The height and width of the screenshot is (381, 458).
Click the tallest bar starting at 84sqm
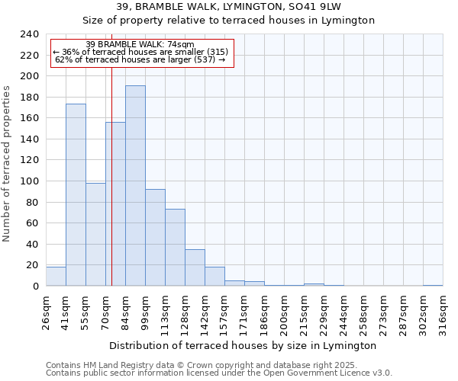pos(135,186)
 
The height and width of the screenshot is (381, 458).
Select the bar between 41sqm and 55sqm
pos(76,195)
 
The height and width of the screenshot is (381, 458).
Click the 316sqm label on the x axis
pos(443,312)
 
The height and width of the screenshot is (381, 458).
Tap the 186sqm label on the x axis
pos(264,312)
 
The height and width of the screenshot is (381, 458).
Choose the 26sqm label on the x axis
pos(46,312)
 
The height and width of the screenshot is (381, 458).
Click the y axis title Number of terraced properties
pos(8,163)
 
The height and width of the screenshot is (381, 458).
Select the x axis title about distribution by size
pos(244,345)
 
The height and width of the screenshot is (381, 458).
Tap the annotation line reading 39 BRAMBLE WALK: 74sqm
pos(140,44)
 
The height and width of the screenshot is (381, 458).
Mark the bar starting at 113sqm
pos(175,248)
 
